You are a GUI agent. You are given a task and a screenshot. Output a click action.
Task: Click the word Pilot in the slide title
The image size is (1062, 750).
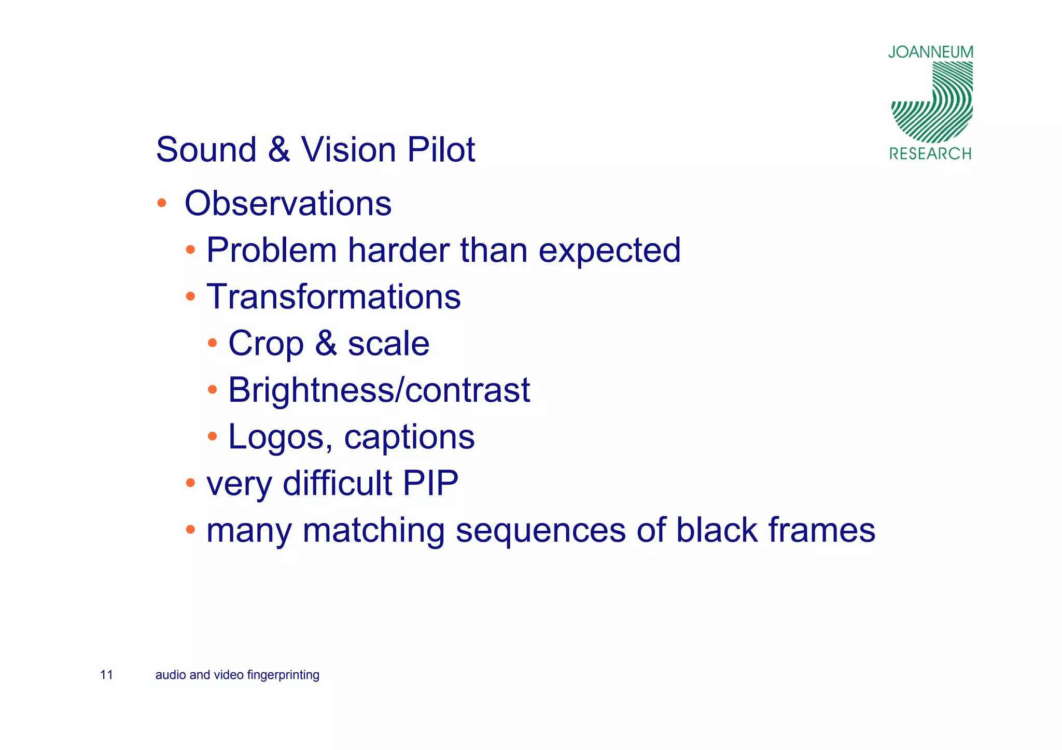point(441,150)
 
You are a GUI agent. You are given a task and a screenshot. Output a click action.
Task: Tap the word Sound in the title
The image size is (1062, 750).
point(206,150)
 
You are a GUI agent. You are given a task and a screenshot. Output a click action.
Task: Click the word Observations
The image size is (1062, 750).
point(288,203)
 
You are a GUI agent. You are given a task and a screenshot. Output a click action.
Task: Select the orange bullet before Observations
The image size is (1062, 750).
point(162,202)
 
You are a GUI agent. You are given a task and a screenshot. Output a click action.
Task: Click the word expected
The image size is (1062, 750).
point(609,251)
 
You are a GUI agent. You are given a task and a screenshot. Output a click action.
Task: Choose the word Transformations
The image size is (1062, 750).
point(333,297)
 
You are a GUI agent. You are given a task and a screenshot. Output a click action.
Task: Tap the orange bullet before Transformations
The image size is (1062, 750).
point(191,296)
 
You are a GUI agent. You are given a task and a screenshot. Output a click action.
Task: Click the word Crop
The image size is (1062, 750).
point(265,344)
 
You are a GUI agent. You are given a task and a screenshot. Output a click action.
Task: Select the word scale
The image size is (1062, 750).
point(388,343)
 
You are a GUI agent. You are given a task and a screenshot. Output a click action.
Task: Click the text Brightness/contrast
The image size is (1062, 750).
point(379,390)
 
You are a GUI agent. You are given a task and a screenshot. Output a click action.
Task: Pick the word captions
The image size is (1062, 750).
point(409,437)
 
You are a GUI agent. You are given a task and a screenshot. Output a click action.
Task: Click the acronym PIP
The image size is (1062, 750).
point(430,483)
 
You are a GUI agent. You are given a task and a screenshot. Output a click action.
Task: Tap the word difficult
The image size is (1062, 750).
point(337,483)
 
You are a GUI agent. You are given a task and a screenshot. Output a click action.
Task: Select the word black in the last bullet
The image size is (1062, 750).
point(717,530)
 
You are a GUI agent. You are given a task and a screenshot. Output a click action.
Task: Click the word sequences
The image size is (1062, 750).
point(541,531)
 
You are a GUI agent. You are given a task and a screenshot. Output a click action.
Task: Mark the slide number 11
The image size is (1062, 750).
point(106,675)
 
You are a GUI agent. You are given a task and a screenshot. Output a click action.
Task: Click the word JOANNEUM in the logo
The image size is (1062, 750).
point(930,52)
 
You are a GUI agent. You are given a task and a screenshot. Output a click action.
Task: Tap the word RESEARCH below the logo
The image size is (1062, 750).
point(930,154)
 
